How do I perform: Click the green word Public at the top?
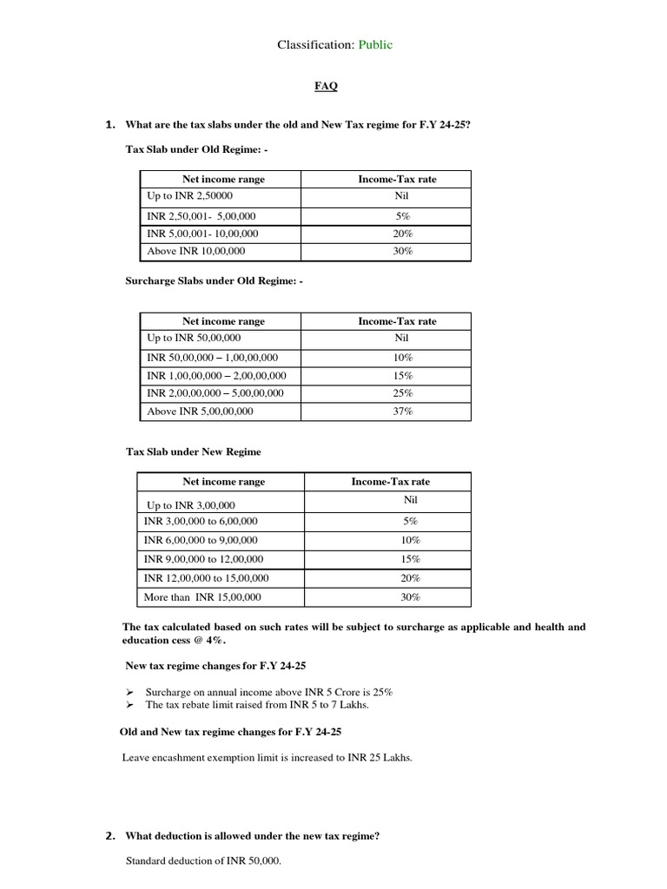coord(372,44)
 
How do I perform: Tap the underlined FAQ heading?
coord(326,86)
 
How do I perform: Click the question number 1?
coord(109,125)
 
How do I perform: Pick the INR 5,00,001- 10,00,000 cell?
coord(202,234)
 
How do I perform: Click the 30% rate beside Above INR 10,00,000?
coord(402,251)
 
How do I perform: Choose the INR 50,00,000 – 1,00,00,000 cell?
coord(213,358)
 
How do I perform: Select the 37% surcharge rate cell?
coord(402,412)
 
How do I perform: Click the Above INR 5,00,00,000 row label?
coord(200,412)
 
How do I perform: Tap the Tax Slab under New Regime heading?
coord(193,451)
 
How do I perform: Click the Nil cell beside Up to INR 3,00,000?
coord(411,501)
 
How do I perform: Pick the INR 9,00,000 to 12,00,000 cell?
coord(204,559)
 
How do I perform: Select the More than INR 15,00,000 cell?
coord(202,597)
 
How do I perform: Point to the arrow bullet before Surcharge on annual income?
coord(129,692)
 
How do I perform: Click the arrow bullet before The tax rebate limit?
coord(129,704)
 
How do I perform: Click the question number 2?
coord(110,837)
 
